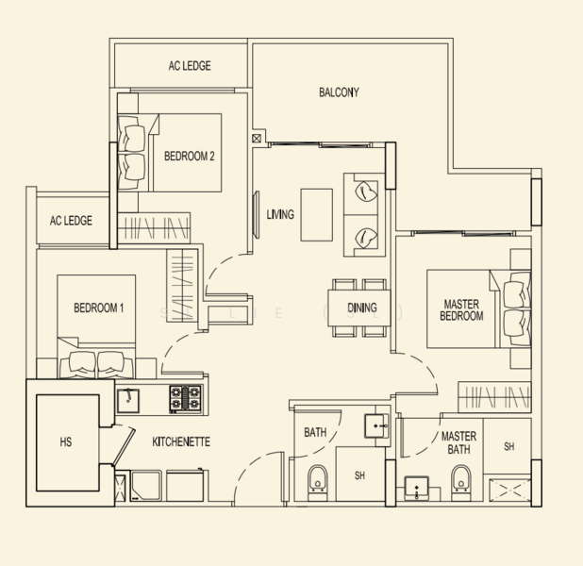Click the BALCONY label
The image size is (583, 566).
tap(338, 92)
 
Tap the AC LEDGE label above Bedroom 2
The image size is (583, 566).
tap(189, 66)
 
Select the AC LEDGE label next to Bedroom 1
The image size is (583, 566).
tap(70, 221)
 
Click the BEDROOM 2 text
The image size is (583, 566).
tap(190, 157)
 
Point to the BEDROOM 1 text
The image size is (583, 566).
tap(98, 308)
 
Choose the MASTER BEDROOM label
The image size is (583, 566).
tap(462, 310)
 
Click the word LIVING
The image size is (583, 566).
tap(280, 214)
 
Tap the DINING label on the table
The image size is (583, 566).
tap(361, 308)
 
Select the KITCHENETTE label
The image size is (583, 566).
tap(181, 441)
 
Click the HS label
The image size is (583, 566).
tap(65, 441)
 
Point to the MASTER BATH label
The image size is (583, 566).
tap(458, 443)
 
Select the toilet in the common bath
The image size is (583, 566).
tap(317, 479)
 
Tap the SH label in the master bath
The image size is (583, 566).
tap(509, 446)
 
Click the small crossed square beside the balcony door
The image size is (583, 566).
tap(257, 139)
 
